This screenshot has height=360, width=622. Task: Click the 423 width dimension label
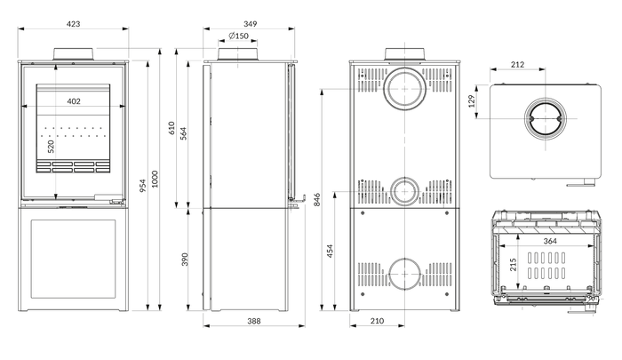(74, 24)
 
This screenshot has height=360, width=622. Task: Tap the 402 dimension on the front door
(74, 101)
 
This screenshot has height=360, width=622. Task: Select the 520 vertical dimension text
(51, 147)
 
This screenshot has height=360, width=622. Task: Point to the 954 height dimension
(143, 186)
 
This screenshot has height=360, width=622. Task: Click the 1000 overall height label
(155, 179)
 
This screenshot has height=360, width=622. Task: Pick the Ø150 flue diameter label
(238, 36)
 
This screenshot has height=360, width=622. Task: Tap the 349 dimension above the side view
(251, 24)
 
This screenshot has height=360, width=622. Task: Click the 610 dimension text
(171, 128)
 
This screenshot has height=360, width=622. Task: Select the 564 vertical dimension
(183, 133)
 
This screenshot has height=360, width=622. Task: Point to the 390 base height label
(185, 260)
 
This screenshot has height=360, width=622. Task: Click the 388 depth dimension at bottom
(254, 321)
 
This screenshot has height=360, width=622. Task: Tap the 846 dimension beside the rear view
(317, 200)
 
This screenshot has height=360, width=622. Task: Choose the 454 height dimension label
(330, 252)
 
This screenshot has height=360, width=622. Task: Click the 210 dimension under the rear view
(377, 321)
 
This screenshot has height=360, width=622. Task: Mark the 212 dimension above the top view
(518, 64)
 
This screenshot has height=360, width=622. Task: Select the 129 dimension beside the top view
(472, 101)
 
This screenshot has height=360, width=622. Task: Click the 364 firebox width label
(550, 241)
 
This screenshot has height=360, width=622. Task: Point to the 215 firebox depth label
(514, 265)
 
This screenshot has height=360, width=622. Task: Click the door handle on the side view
(297, 200)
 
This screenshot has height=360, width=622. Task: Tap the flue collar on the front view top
(74, 54)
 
